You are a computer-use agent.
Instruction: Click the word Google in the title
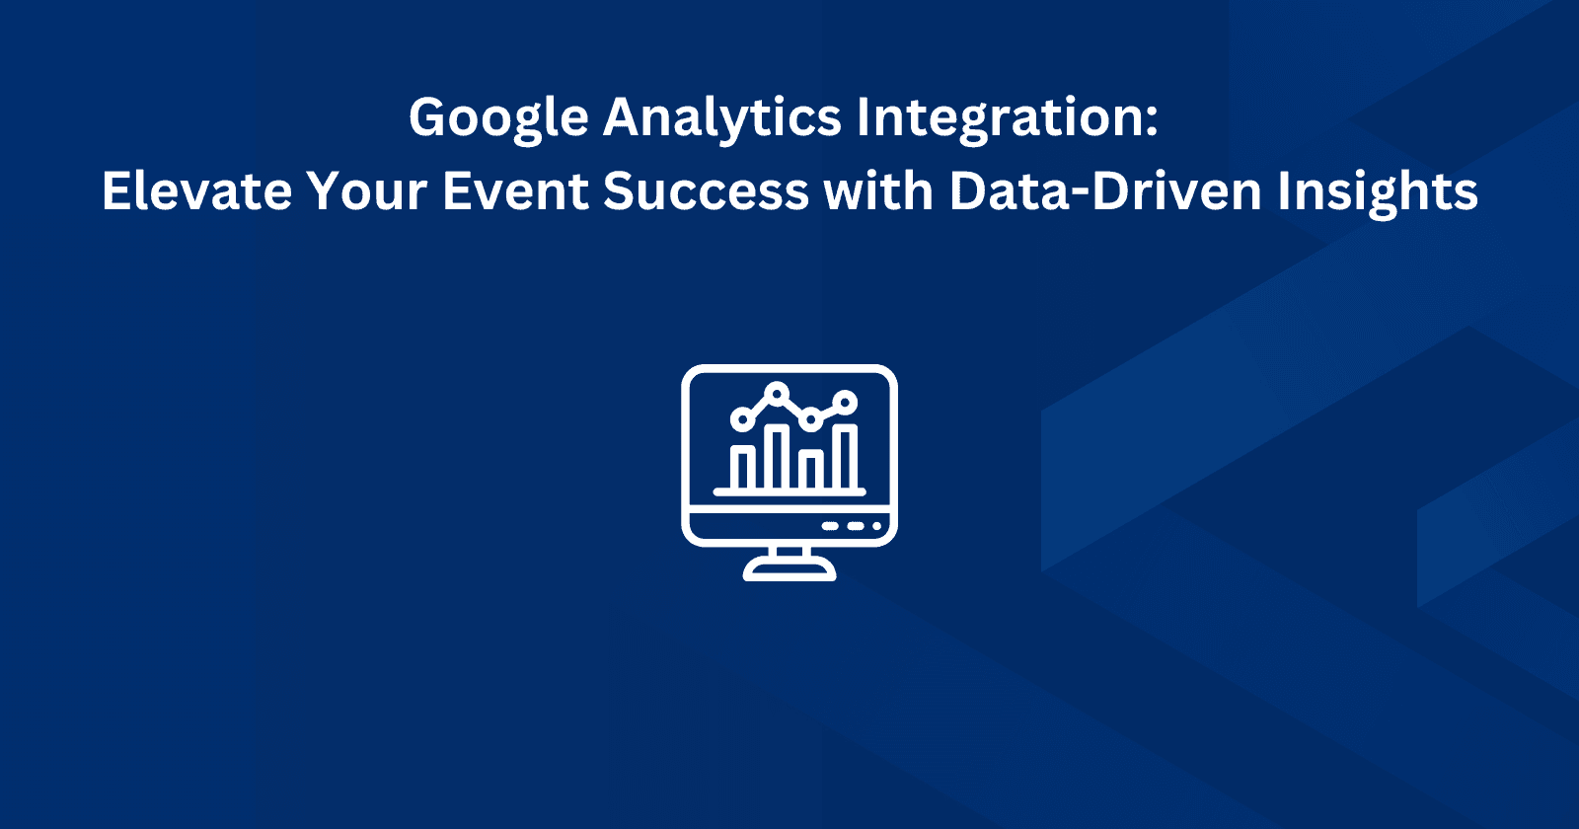click(498, 118)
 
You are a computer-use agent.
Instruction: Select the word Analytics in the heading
click(722, 118)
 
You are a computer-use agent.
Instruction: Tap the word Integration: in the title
click(1007, 118)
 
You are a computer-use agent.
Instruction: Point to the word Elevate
click(196, 190)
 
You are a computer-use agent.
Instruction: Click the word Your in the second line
click(366, 190)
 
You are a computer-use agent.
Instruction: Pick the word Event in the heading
click(514, 190)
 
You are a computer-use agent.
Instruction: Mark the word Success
click(706, 190)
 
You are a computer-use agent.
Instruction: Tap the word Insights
click(1378, 190)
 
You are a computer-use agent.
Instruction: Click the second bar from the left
click(778, 458)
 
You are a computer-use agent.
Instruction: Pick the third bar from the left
click(811, 470)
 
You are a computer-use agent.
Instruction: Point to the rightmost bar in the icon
click(846, 458)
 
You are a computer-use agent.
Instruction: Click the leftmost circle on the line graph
click(741, 420)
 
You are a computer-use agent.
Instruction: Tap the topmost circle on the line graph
click(778, 394)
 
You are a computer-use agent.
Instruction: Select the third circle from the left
click(810, 419)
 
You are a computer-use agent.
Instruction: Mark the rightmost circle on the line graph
click(845, 401)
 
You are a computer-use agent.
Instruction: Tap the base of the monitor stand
click(789, 571)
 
